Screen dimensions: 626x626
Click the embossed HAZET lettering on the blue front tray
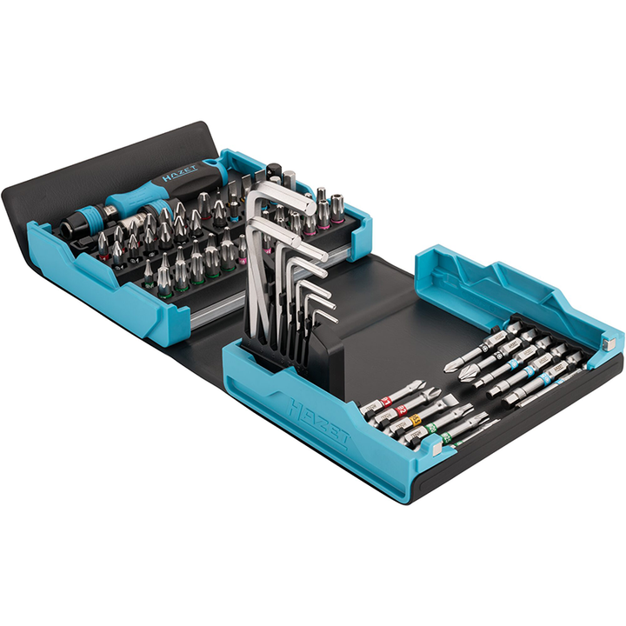pos(318,422)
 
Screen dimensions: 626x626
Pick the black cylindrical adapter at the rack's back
pos(274,172)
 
